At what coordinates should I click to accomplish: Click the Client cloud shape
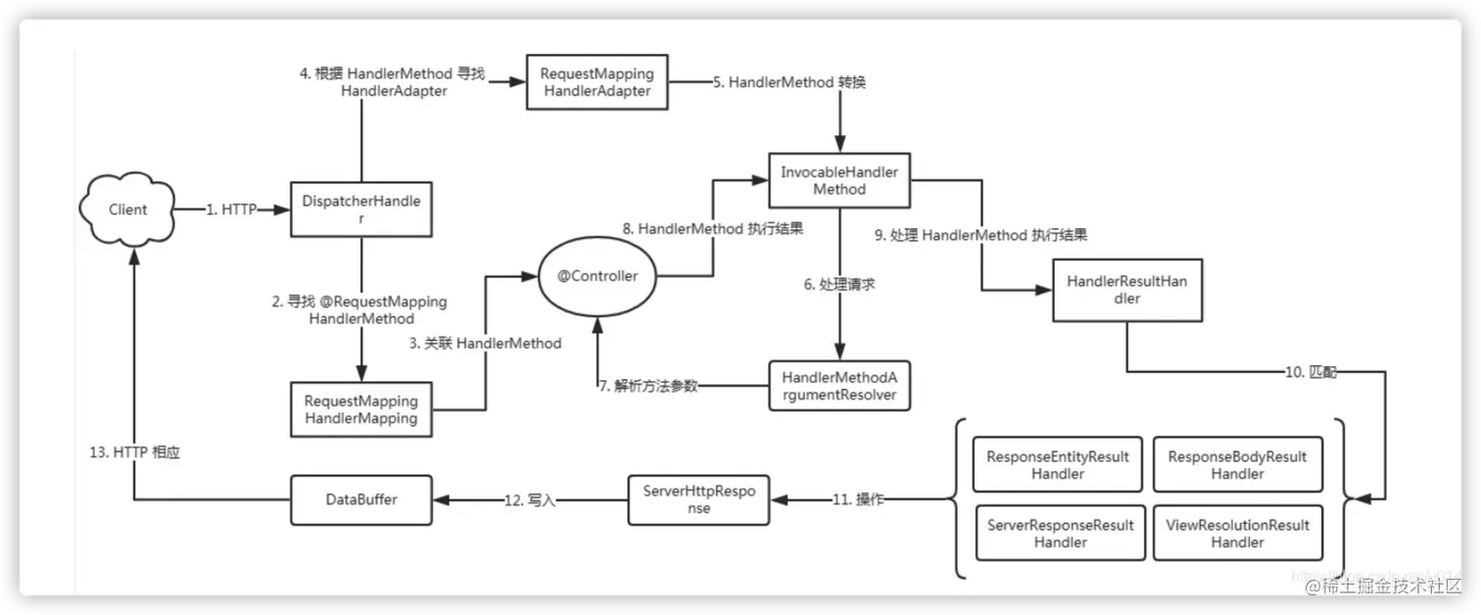(126, 209)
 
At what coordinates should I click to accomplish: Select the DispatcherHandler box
(361, 209)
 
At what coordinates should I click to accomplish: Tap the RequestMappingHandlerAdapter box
(597, 82)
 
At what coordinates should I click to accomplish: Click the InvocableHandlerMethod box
(838, 180)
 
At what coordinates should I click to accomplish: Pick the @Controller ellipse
(597, 276)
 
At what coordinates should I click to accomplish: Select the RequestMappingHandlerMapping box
(361, 409)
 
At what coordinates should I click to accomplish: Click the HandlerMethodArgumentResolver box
(838, 386)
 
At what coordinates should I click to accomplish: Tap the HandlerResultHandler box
(1126, 290)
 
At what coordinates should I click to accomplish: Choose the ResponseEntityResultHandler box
(1058, 464)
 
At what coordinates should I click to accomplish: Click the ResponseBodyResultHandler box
(1237, 464)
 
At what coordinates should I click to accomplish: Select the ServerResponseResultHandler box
(1060, 533)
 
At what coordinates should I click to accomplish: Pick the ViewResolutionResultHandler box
(1237, 533)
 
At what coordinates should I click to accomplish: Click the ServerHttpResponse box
(698, 499)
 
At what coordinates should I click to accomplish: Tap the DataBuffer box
(361, 499)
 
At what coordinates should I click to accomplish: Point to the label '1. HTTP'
(231, 210)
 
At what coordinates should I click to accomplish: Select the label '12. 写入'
(530, 500)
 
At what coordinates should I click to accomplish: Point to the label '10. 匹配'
(1309, 372)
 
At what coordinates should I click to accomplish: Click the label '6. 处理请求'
(838, 283)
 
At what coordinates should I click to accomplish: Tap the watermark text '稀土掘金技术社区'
(1390, 587)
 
